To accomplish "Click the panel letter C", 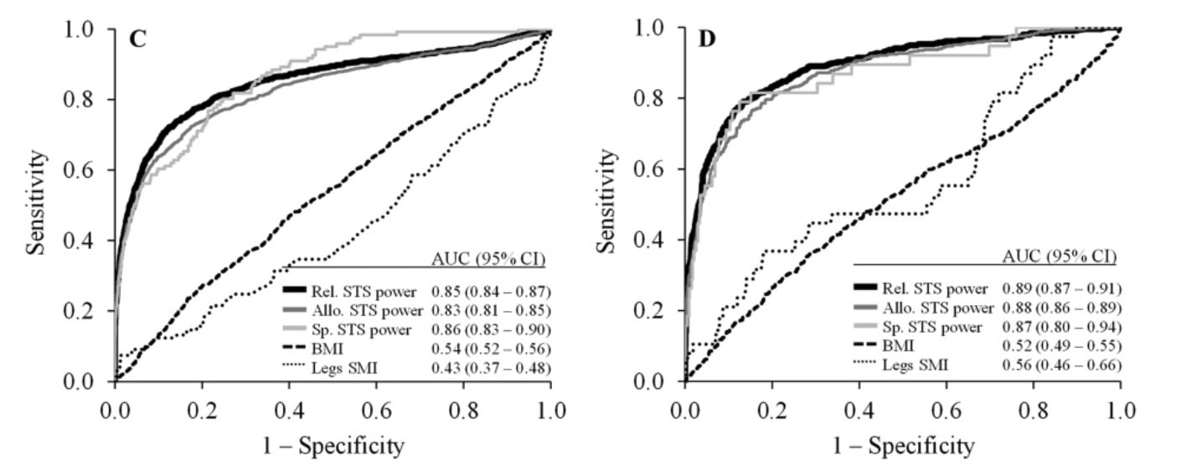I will pos(137,39).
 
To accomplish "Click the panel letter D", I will pos(708,39).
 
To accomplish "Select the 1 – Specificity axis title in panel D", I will pos(903,445).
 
